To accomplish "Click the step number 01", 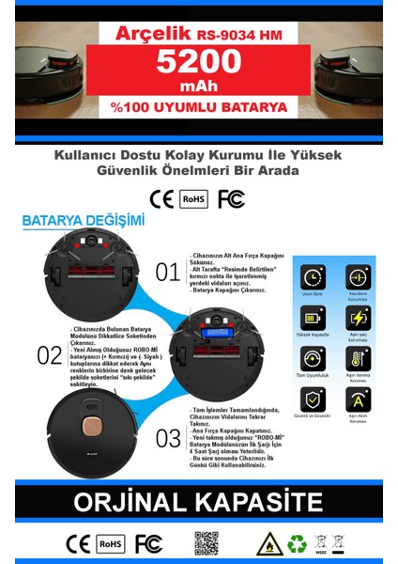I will click(x=167, y=273).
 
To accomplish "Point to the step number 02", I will click(x=49, y=354).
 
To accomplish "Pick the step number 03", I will click(x=168, y=437).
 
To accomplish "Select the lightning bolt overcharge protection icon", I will click(x=356, y=318).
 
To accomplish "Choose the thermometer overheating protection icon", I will click(x=356, y=358).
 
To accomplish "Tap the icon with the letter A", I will click(x=356, y=399).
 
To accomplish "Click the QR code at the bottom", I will click(x=207, y=543).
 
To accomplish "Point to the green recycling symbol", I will click(x=296, y=543).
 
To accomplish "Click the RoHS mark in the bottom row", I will click(x=111, y=543).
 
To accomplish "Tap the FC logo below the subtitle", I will click(x=230, y=198).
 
